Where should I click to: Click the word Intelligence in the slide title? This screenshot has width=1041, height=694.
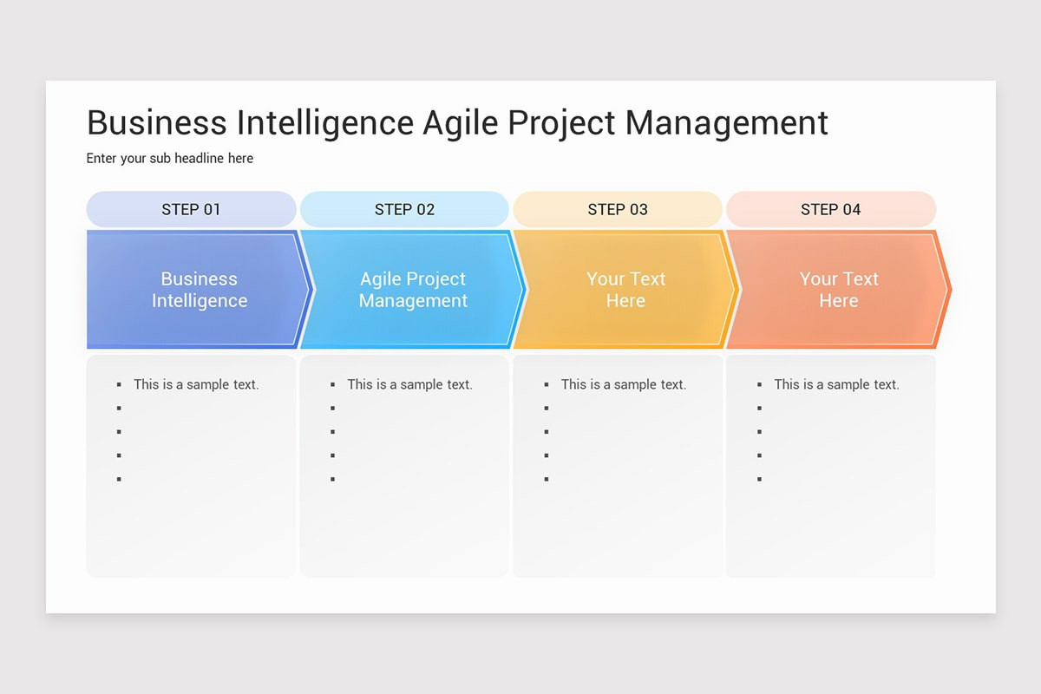[x=325, y=123]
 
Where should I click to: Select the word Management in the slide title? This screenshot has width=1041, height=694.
[x=726, y=123]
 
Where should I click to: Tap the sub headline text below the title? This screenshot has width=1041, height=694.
[x=170, y=159]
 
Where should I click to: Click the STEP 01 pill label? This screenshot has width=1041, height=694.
[x=191, y=209]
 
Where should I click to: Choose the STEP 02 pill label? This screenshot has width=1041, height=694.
[x=404, y=209]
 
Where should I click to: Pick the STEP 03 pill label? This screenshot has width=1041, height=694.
[x=618, y=209]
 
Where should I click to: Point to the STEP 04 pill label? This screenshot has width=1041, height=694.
[x=830, y=209]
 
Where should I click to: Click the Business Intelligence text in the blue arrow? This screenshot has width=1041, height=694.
[x=200, y=290]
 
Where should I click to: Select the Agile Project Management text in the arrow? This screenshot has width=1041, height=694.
[x=413, y=290]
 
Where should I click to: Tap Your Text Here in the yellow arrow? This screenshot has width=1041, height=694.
[x=625, y=290]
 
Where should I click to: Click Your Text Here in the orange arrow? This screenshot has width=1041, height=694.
[x=839, y=290]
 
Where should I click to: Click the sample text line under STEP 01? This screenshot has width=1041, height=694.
[x=196, y=384]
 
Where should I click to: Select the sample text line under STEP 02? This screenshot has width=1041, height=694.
[x=409, y=384]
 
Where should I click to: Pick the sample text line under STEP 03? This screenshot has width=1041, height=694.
[x=623, y=384]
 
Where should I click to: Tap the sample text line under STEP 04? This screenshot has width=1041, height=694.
[x=836, y=384]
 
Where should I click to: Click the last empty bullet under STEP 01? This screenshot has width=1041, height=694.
[x=119, y=479]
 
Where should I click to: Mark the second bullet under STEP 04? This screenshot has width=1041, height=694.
[x=759, y=408]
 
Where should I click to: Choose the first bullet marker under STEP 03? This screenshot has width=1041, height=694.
[x=546, y=384]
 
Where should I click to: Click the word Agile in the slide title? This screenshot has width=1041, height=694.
[x=461, y=123]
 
